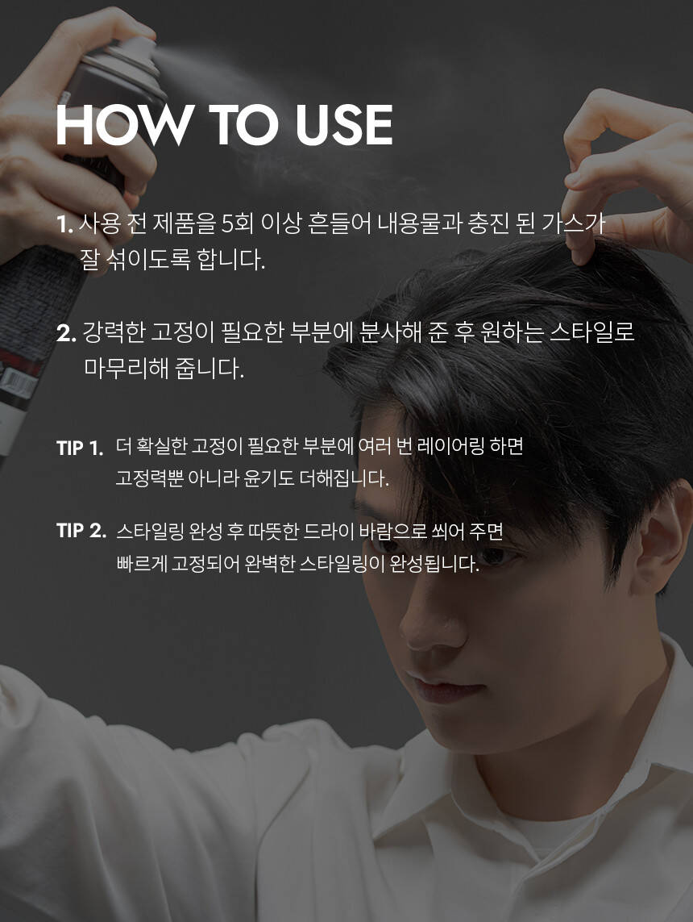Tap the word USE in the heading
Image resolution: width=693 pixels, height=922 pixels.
pos(343,125)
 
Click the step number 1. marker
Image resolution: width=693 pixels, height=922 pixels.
pos(64,224)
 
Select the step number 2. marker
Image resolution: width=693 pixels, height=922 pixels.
pos(66,333)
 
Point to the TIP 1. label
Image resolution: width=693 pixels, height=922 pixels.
pos(80,448)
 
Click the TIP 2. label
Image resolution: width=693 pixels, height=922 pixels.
pos(81,531)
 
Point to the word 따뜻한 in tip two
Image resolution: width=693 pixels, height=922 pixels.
pos(273,532)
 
